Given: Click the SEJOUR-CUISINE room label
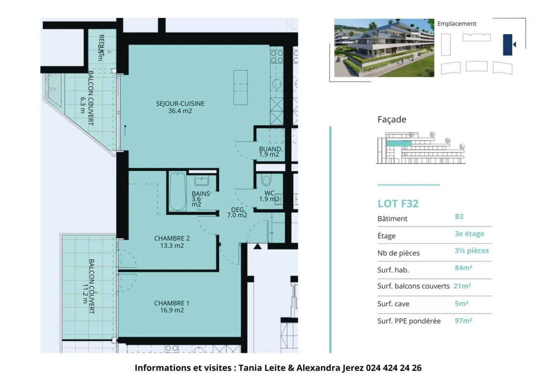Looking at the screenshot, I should click(x=180, y=107).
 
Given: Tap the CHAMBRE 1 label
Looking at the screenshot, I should click(x=172, y=306).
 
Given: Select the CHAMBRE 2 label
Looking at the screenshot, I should click(x=172, y=242).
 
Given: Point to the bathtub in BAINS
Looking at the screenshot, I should click(x=178, y=192).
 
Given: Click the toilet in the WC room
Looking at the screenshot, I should click(x=266, y=180).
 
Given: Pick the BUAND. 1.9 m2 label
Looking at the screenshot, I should click(x=270, y=151).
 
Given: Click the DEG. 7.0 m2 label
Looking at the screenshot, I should click(x=237, y=212).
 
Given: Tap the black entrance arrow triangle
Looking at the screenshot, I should click(x=258, y=246).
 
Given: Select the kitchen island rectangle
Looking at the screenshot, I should click(x=240, y=87).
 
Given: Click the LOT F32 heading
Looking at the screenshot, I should click(x=398, y=204).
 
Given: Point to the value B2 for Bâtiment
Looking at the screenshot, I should click(x=459, y=217).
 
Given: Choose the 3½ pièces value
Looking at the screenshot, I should click(x=471, y=251).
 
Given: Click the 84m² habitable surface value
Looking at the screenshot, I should click(x=463, y=268).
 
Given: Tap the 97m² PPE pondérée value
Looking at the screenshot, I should click(x=463, y=321).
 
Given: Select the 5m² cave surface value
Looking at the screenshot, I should click(x=461, y=304).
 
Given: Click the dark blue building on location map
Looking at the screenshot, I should click(x=507, y=45).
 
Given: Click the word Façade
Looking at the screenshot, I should click(x=392, y=119).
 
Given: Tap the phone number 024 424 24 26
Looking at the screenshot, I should click(x=393, y=368).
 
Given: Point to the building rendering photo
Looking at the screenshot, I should click(x=384, y=48).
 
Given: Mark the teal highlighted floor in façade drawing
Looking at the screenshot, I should click(x=399, y=143).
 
